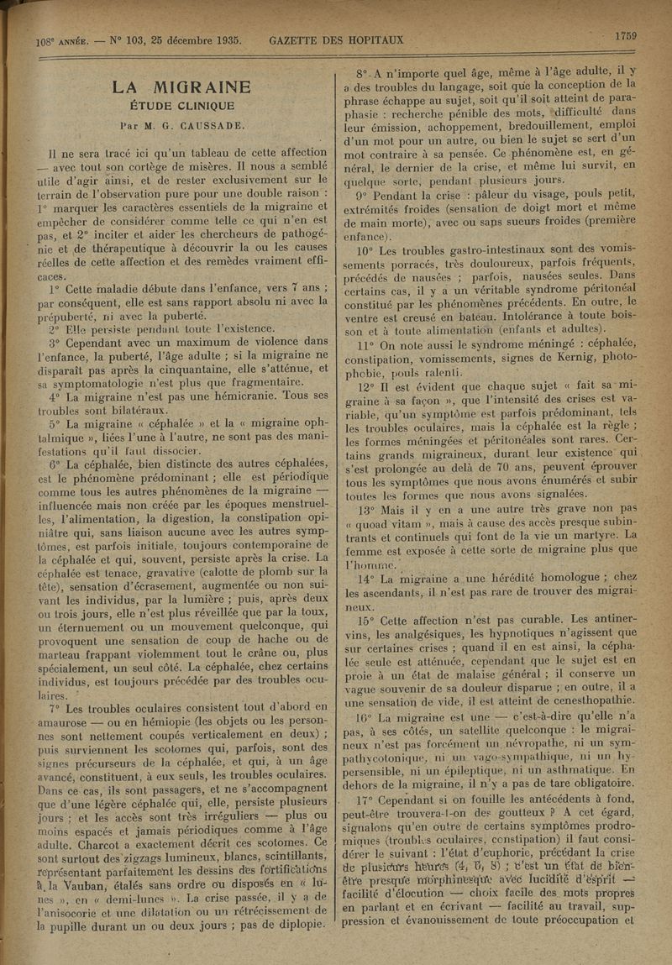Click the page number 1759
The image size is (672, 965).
[625, 35]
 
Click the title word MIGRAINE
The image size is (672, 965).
[202, 87]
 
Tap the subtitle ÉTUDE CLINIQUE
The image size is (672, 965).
[181, 107]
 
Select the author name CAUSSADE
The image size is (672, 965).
[210, 125]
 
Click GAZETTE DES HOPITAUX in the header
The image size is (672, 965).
[336, 39]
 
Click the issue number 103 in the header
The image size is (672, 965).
[143, 40]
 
